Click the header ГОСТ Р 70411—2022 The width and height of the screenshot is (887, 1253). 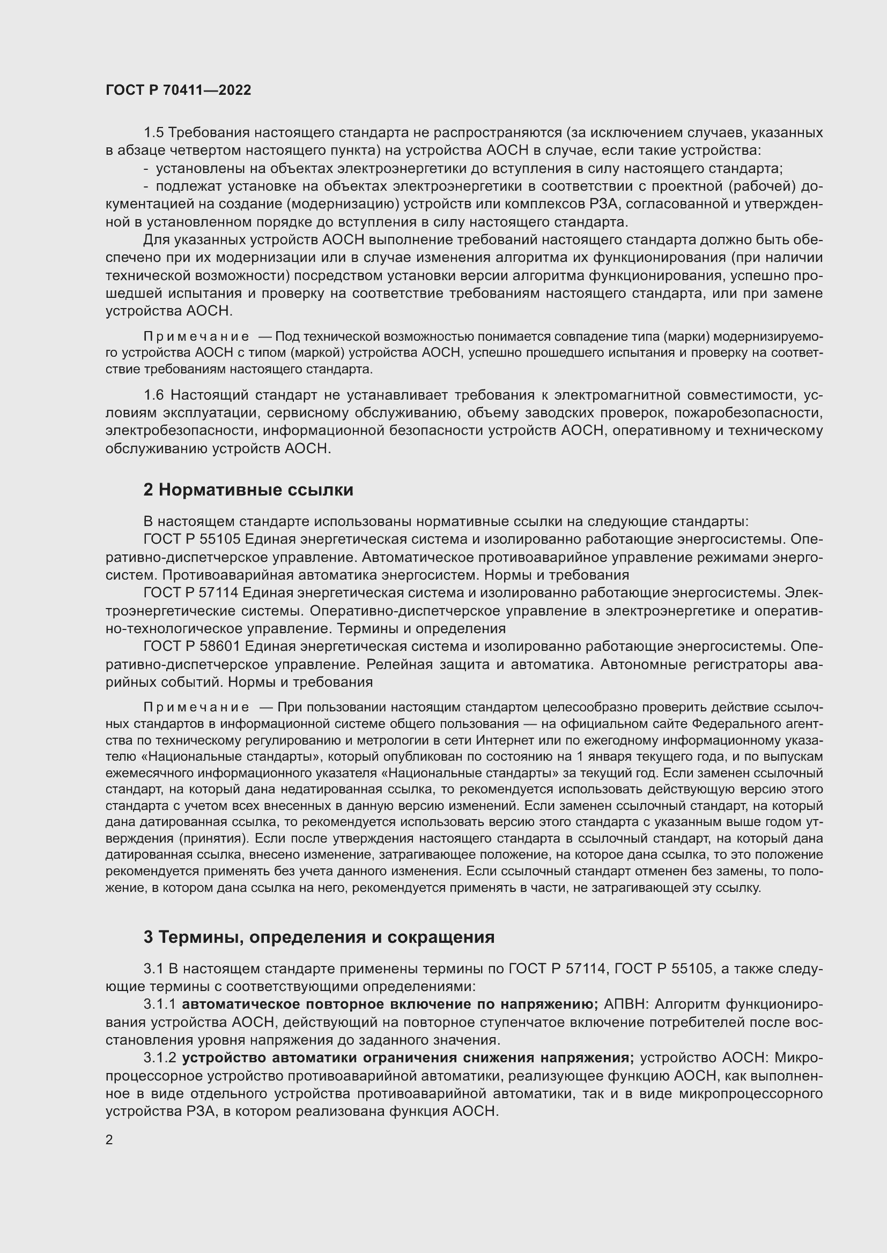coord(178,90)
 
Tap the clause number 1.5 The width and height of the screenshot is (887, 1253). coord(153,133)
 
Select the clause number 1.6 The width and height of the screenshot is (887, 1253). coord(153,395)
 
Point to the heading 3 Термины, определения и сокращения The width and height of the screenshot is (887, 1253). coord(319,937)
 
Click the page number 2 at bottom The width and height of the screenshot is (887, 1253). coord(109,1139)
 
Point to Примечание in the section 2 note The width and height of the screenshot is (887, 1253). coord(196,707)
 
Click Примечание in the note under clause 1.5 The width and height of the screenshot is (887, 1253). coord(196,336)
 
